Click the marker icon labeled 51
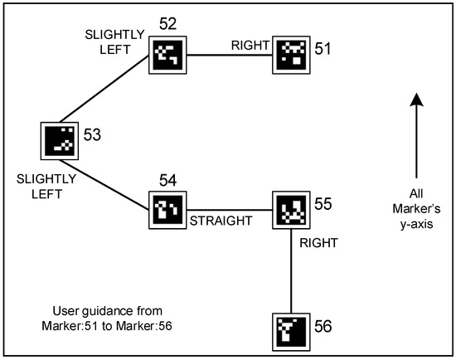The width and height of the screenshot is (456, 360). (291, 55)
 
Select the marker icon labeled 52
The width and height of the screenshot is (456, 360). (167, 56)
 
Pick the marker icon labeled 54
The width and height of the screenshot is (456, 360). (167, 210)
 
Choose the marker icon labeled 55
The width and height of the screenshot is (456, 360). (291, 210)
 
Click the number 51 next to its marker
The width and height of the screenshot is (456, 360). (323, 50)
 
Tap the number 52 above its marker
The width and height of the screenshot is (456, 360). (169, 26)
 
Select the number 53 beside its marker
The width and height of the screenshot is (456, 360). (93, 134)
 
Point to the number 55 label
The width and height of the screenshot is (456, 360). (324, 202)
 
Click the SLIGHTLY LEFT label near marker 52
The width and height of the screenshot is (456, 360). (115, 39)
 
